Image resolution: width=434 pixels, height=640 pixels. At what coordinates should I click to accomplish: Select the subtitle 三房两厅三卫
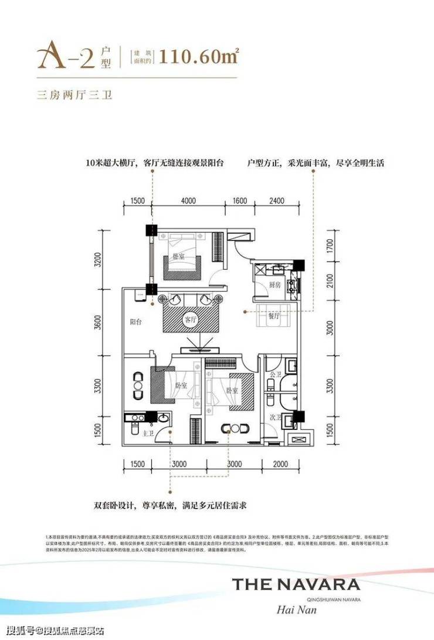click(x=74, y=94)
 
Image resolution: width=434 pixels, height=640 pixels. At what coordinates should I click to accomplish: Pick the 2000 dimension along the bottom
click(x=281, y=464)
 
